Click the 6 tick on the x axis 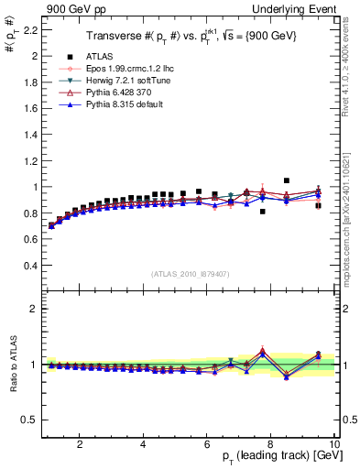(207, 445)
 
